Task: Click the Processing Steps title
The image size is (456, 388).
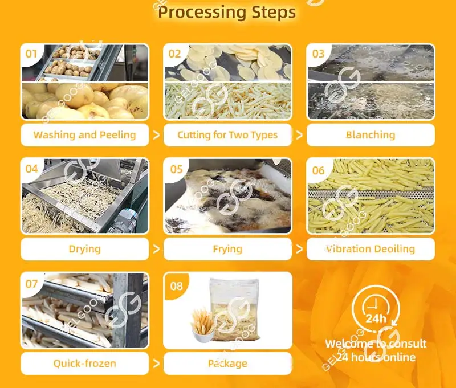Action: [x=227, y=12]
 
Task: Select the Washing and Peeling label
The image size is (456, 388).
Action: [x=84, y=135]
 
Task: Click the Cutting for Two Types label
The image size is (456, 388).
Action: [x=227, y=135]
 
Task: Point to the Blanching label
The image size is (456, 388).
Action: [x=370, y=135]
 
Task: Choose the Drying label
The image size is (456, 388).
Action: [x=84, y=249]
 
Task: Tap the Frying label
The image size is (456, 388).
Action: [x=227, y=249]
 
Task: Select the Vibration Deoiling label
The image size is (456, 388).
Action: [x=370, y=249]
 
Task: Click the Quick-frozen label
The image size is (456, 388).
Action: [x=84, y=363]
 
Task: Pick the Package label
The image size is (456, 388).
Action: [x=227, y=363]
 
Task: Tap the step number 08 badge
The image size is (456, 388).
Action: [x=176, y=285]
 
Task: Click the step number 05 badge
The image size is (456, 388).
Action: [x=176, y=169]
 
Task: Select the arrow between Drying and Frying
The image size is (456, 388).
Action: [x=156, y=249]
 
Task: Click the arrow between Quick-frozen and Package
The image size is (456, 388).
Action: [x=156, y=363]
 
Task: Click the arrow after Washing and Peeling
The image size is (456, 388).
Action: [x=156, y=135]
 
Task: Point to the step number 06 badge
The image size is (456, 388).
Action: [x=317, y=169]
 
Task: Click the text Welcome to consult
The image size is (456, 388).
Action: [x=376, y=344]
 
